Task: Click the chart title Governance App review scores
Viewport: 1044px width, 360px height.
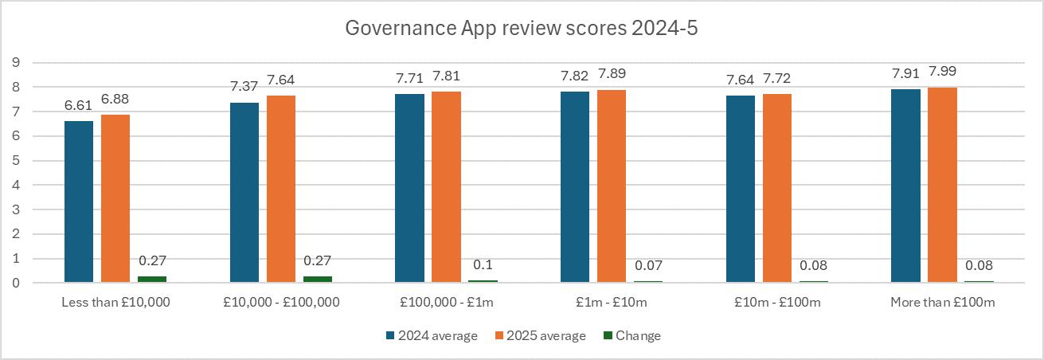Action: [522, 29]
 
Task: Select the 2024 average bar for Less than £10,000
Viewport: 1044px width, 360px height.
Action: [79, 202]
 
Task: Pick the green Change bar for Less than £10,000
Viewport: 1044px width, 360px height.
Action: [152, 279]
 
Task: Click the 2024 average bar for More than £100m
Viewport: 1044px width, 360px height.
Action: [905, 186]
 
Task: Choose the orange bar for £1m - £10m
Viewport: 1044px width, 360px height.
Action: [612, 186]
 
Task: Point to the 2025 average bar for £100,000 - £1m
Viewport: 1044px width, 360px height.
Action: [447, 187]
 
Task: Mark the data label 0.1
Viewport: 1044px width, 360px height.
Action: [483, 266]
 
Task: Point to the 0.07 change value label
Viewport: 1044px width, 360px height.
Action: [648, 266]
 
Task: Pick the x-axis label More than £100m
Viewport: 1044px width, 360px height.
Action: [942, 303]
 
